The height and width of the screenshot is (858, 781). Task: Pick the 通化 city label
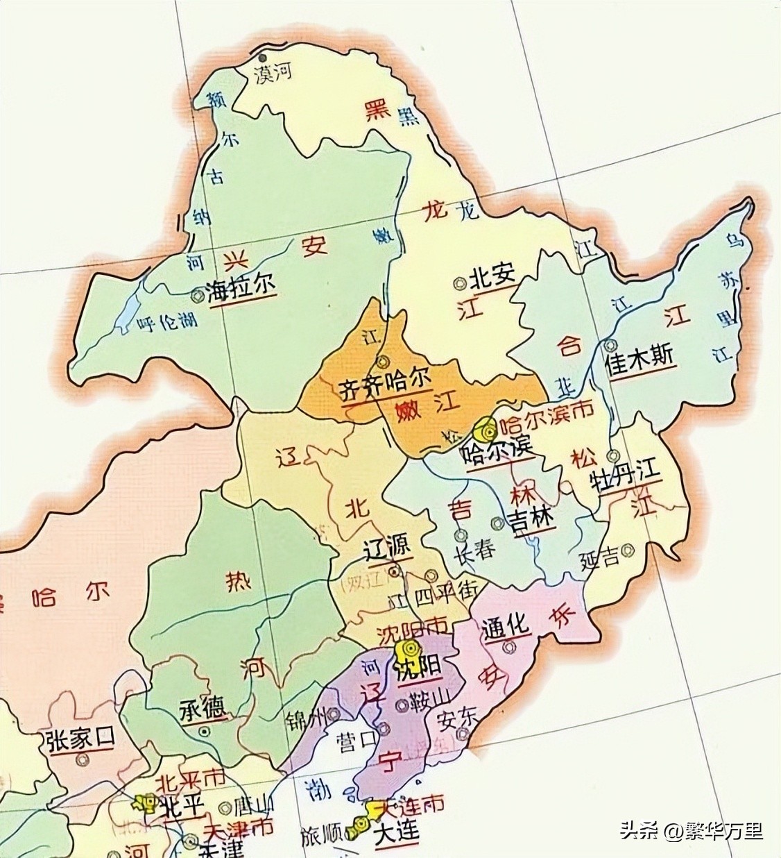(x=506, y=626)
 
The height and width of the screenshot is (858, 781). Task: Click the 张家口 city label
(x=77, y=741)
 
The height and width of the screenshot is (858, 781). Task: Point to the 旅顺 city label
(x=322, y=837)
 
